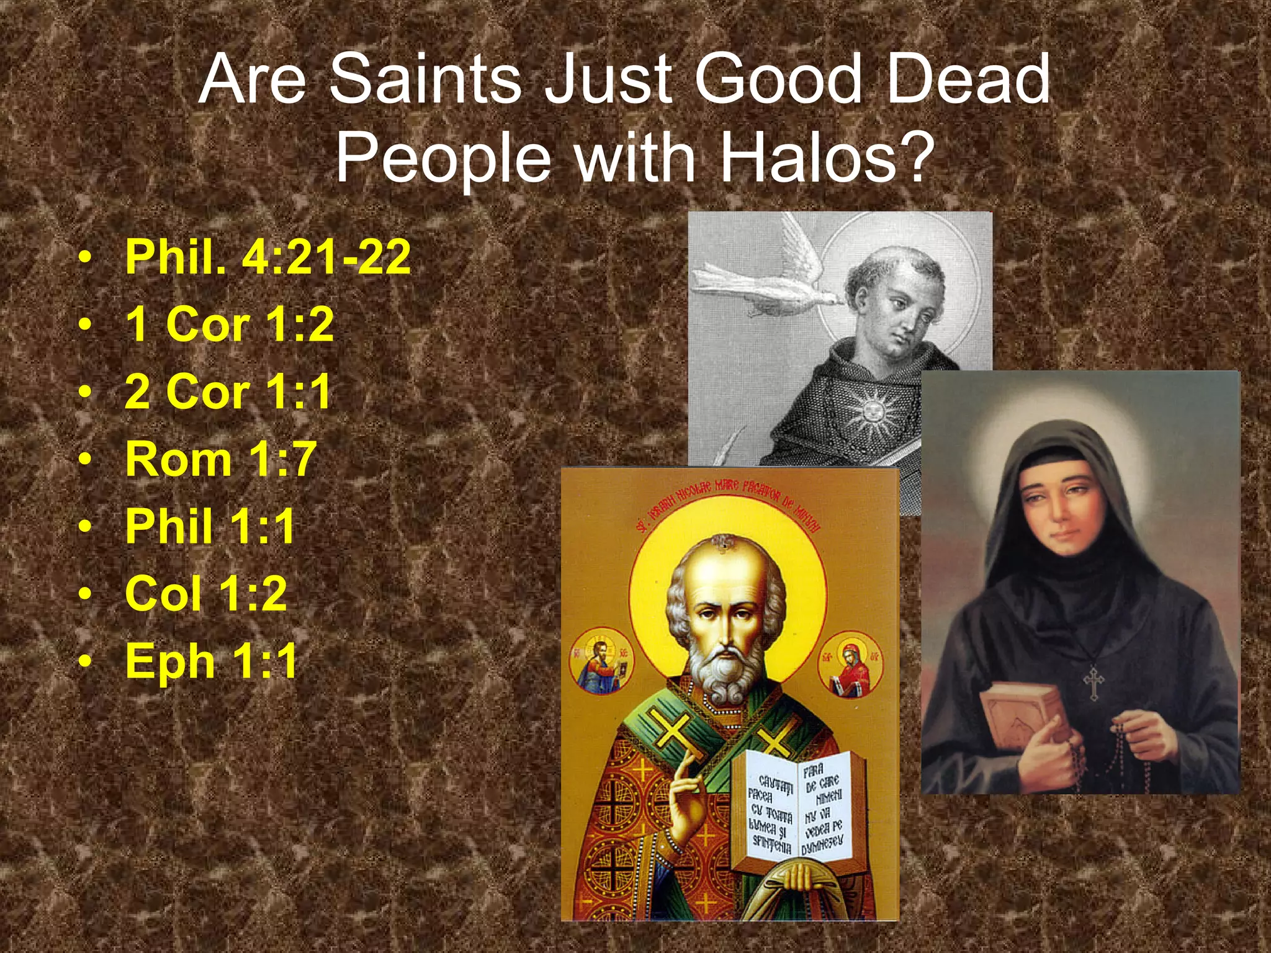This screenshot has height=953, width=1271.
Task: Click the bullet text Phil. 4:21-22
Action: coord(267,256)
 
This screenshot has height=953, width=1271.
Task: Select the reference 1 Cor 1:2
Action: coord(230,324)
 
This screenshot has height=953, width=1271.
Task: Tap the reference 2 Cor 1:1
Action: coord(228,391)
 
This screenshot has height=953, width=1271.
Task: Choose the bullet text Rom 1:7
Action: coord(221,459)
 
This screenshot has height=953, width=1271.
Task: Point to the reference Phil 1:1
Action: coord(210,527)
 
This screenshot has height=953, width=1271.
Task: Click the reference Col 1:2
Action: coord(206,594)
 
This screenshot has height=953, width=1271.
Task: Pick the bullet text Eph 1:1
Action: coord(212,661)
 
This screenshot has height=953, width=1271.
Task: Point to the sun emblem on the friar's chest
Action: coord(873,410)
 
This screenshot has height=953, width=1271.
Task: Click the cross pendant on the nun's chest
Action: coord(1094,682)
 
